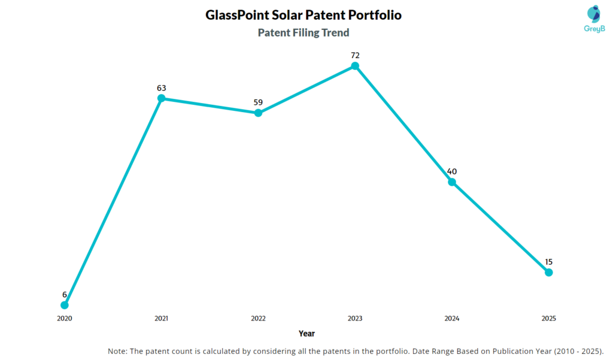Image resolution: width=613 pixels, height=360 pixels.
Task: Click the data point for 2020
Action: tap(65, 305)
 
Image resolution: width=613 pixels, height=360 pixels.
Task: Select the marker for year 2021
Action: tap(161, 98)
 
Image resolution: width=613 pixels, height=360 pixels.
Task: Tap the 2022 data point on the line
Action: tap(258, 113)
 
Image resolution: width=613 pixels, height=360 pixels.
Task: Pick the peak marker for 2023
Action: tap(355, 66)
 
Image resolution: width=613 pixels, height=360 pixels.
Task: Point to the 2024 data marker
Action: tap(452, 181)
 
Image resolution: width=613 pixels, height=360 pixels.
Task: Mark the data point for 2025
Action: tap(548, 272)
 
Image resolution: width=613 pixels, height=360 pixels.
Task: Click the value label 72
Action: tap(355, 55)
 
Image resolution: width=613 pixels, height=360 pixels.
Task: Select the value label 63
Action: tap(161, 87)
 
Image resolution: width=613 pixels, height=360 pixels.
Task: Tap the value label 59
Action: tap(258, 102)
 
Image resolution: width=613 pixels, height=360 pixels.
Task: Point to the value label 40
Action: tap(452, 171)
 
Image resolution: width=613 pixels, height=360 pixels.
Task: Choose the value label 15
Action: tap(548, 262)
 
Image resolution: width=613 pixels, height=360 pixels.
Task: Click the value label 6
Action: tap(65, 295)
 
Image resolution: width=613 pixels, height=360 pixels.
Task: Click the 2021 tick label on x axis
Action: tap(161, 319)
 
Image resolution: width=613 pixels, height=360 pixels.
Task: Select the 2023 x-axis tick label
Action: tap(355, 319)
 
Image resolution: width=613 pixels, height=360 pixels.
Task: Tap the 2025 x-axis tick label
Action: tap(548, 319)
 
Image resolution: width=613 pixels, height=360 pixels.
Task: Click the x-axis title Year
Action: tap(306, 333)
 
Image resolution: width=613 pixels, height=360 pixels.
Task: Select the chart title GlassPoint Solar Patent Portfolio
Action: tap(304, 15)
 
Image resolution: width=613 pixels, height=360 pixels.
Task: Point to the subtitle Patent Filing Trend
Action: tap(304, 32)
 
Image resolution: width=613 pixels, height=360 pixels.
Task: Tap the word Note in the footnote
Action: tap(118, 350)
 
